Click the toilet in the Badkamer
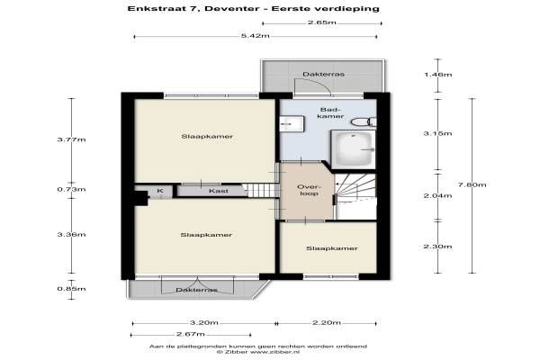[x=364, y=121]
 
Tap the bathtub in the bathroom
[x=354, y=149]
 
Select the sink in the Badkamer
[x=292, y=123]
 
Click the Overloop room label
[x=309, y=190]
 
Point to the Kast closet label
[x=219, y=191]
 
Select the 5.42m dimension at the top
[x=256, y=35]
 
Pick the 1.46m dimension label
[x=437, y=75]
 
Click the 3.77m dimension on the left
[x=71, y=139]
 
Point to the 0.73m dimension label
[x=71, y=190]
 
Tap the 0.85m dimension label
[x=71, y=289]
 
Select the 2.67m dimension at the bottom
[x=191, y=334]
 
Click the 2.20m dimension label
[x=327, y=323]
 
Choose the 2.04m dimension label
[x=437, y=195]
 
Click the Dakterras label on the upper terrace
[x=323, y=74]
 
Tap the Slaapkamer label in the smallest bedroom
[x=332, y=248]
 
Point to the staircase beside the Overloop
[x=355, y=196]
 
